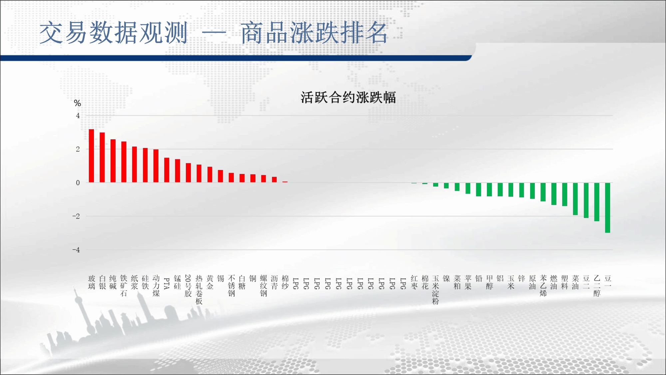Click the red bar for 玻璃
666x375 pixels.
pyautogui.click(x=91, y=156)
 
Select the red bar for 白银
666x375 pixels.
pyautogui.click(x=102, y=157)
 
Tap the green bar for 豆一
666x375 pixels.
pyautogui.click(x=608, y=208)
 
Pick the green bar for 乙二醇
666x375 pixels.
pyautogui.click(x=597, y=202)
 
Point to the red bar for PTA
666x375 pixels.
pyautogui.click(x=167, y=170)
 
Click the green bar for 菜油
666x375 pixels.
pyautogui.click(x=575, y=199)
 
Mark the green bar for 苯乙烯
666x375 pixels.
pyautogui.click(x=543, y=192)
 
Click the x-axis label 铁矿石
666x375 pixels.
pyautogui.click(x=124, y=286)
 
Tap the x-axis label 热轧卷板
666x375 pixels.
pyautogui.click(x=199, y=290)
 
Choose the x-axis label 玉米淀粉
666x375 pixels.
pyautogui.click(x=436, y=290)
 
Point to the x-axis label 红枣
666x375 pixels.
pyautogui.click(x=414, y=282)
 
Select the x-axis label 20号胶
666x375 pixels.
pyautogui.click(x=188, y=286)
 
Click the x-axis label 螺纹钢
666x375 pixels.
pyautogui.click(x=263, y=286)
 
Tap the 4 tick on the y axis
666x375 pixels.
pyautogui.click(x=78, y=116)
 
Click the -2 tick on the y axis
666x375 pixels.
pyautogui.click(x=76, y=216)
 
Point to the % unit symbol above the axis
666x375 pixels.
pyautogui.click(x=78, y=103)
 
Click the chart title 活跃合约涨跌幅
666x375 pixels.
pyautogui.click(x=348, y=97)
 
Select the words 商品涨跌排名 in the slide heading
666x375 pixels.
pyautogui.click(x=314, y=33)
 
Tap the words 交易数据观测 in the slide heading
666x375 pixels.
pyautogui.click(x=114, y=33)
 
